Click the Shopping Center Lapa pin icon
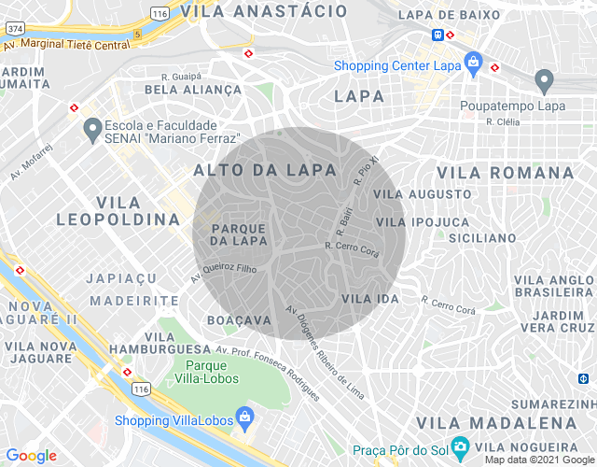[474, 64]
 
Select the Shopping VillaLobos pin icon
[243, 414]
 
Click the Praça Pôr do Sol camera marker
[459, 445]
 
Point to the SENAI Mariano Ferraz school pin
[92, 130]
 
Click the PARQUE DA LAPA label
[240, 234]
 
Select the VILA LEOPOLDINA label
[118, 211]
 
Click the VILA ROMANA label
[506, 173]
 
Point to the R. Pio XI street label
[369, 171]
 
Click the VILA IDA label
[370, 298]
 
